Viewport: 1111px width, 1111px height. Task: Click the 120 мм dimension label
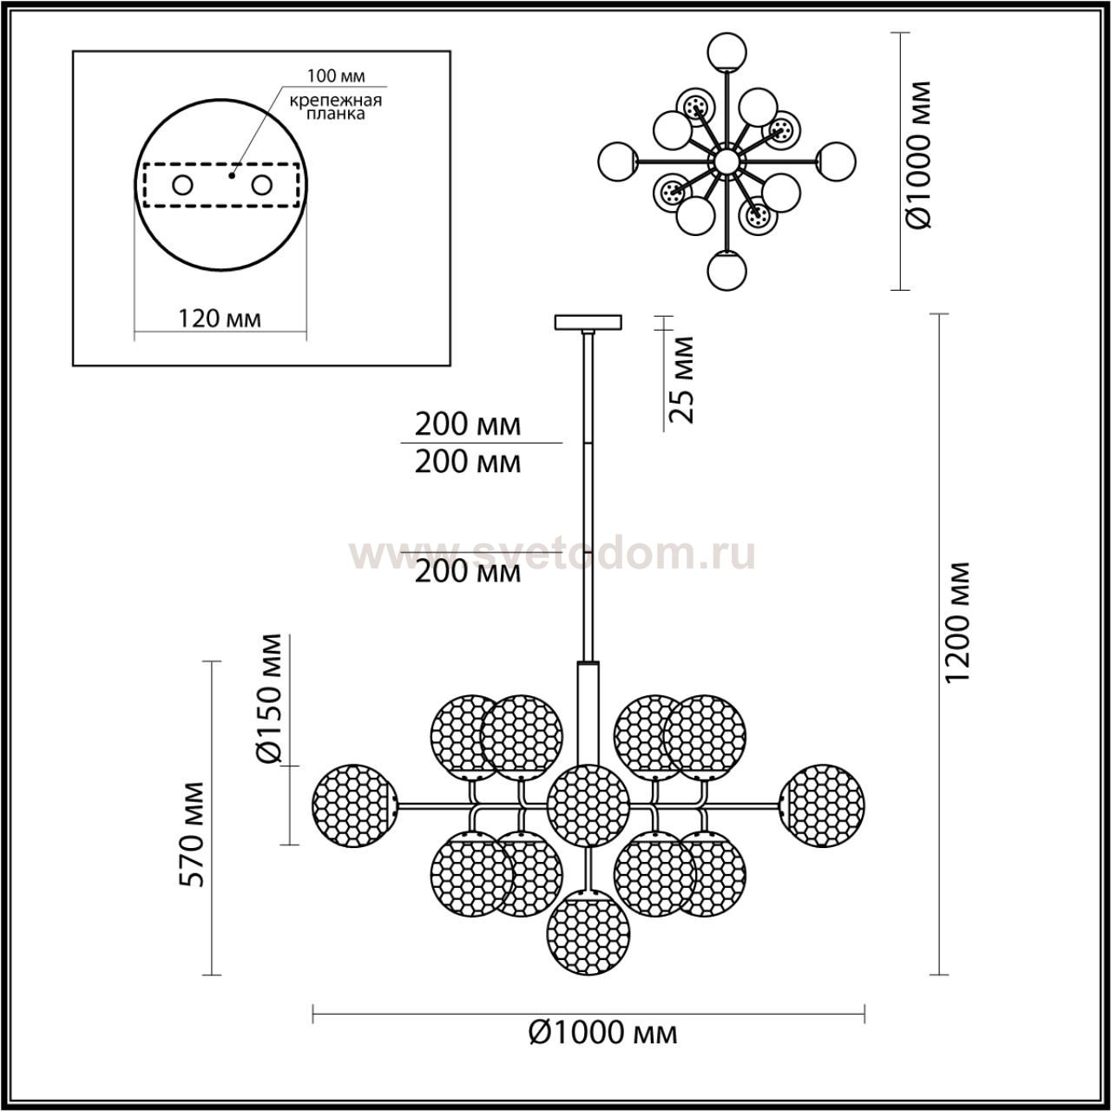[219, 319]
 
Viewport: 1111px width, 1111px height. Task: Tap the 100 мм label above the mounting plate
[336, 76]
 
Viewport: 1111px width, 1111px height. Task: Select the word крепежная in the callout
[336, 101]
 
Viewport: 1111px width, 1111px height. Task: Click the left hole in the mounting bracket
[183, 186]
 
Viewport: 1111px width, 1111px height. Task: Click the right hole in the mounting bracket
[262, 186]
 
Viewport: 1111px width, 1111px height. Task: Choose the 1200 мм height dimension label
[958, 622]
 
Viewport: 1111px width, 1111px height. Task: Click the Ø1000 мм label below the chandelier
[603, 1032]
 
